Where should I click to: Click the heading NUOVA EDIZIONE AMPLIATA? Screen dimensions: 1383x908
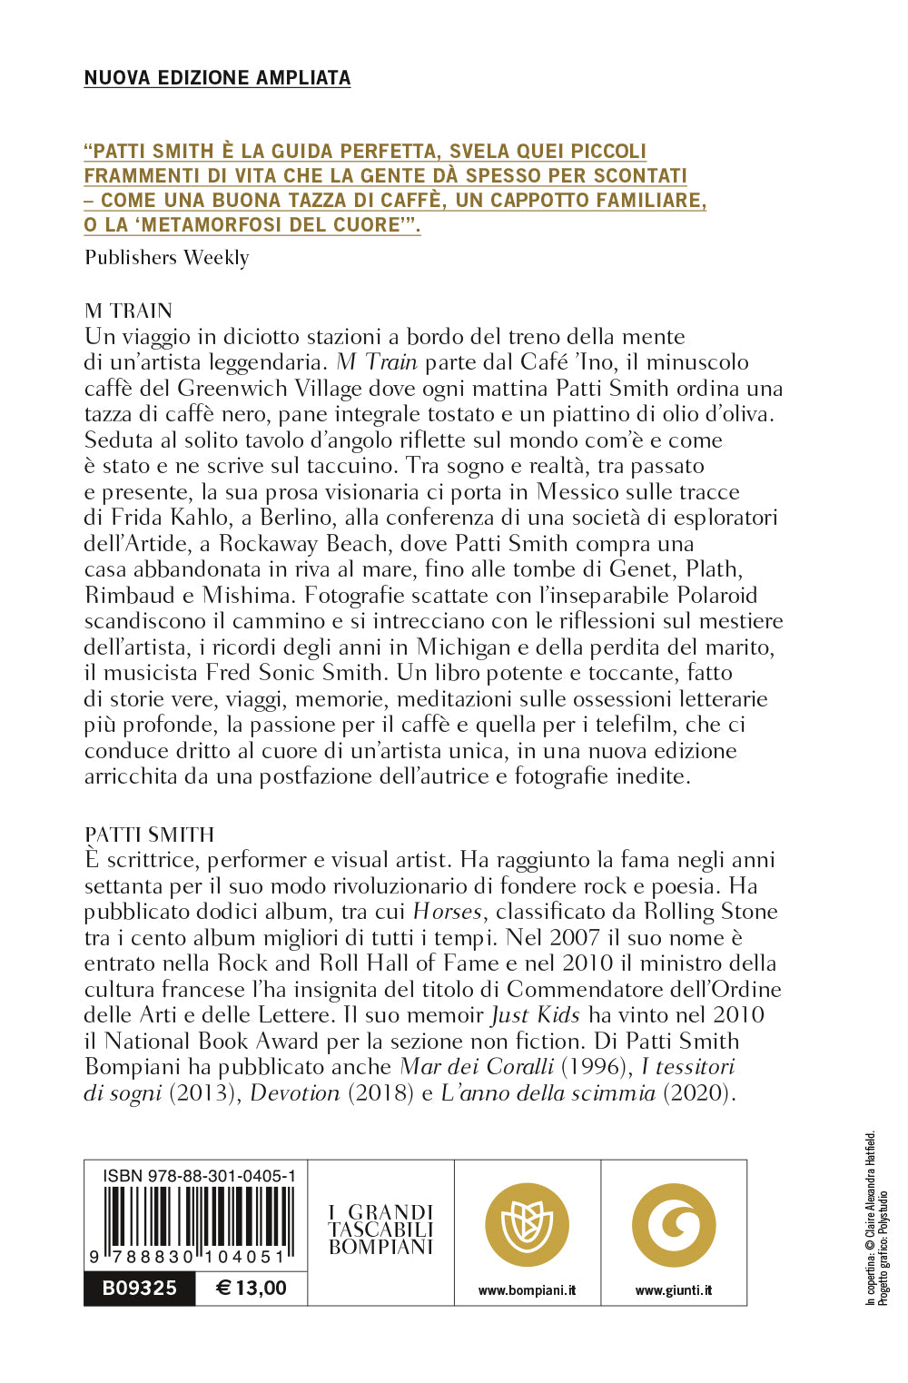click(x=217, y=78)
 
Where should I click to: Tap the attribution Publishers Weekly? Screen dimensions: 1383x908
click(x=166, y=258)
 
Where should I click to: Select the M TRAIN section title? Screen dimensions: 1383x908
click(x=128, y=311)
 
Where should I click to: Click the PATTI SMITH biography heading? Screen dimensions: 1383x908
click(x=149, y=835)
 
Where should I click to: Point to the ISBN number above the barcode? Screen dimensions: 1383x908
click(x=199, y=1176)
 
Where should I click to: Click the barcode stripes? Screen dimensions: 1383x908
click(x=199, y=1218)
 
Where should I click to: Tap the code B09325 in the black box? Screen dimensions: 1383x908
click(x=139, y=1288)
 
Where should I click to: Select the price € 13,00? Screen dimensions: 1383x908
click(x=252, y=1288)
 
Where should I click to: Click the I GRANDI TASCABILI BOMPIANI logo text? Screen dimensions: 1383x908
click(x=380, y=1230)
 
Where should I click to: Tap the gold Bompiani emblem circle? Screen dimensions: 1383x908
click(x=527, y=1225)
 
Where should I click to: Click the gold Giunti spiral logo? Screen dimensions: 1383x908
click(x=674, y=1225)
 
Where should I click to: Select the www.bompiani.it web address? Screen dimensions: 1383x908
click(x=527, y=1290)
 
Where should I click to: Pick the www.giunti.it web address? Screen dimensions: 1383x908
click(x=674, y=1290)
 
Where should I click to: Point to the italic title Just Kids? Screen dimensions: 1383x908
click(x=535, y=1015)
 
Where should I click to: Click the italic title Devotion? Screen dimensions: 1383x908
click(x=294, y=1093)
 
